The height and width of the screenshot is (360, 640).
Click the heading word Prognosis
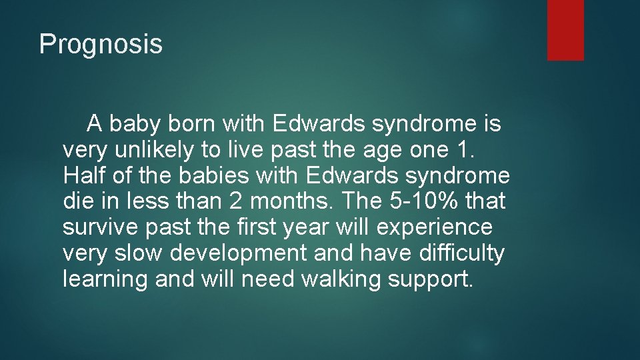[x=101, y=45]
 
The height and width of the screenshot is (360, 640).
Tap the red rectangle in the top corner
[x=565, y=30]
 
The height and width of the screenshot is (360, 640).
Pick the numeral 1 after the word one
[x=467, y=150]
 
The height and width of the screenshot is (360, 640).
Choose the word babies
[x=208, y=175]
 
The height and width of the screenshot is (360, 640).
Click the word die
[x=77, y=201]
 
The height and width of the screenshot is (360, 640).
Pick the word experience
[x=434, y=227]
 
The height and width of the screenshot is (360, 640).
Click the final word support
[x=431, y=279]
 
